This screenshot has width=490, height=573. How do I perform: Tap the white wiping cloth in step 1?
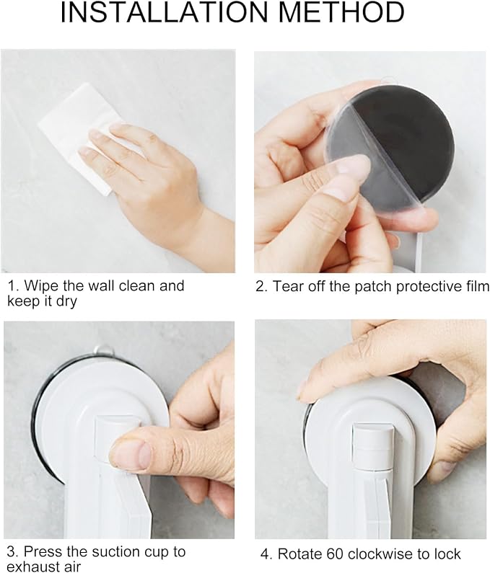[x=79, y=136]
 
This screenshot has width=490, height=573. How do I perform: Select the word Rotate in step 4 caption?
[x=300, y=554]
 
